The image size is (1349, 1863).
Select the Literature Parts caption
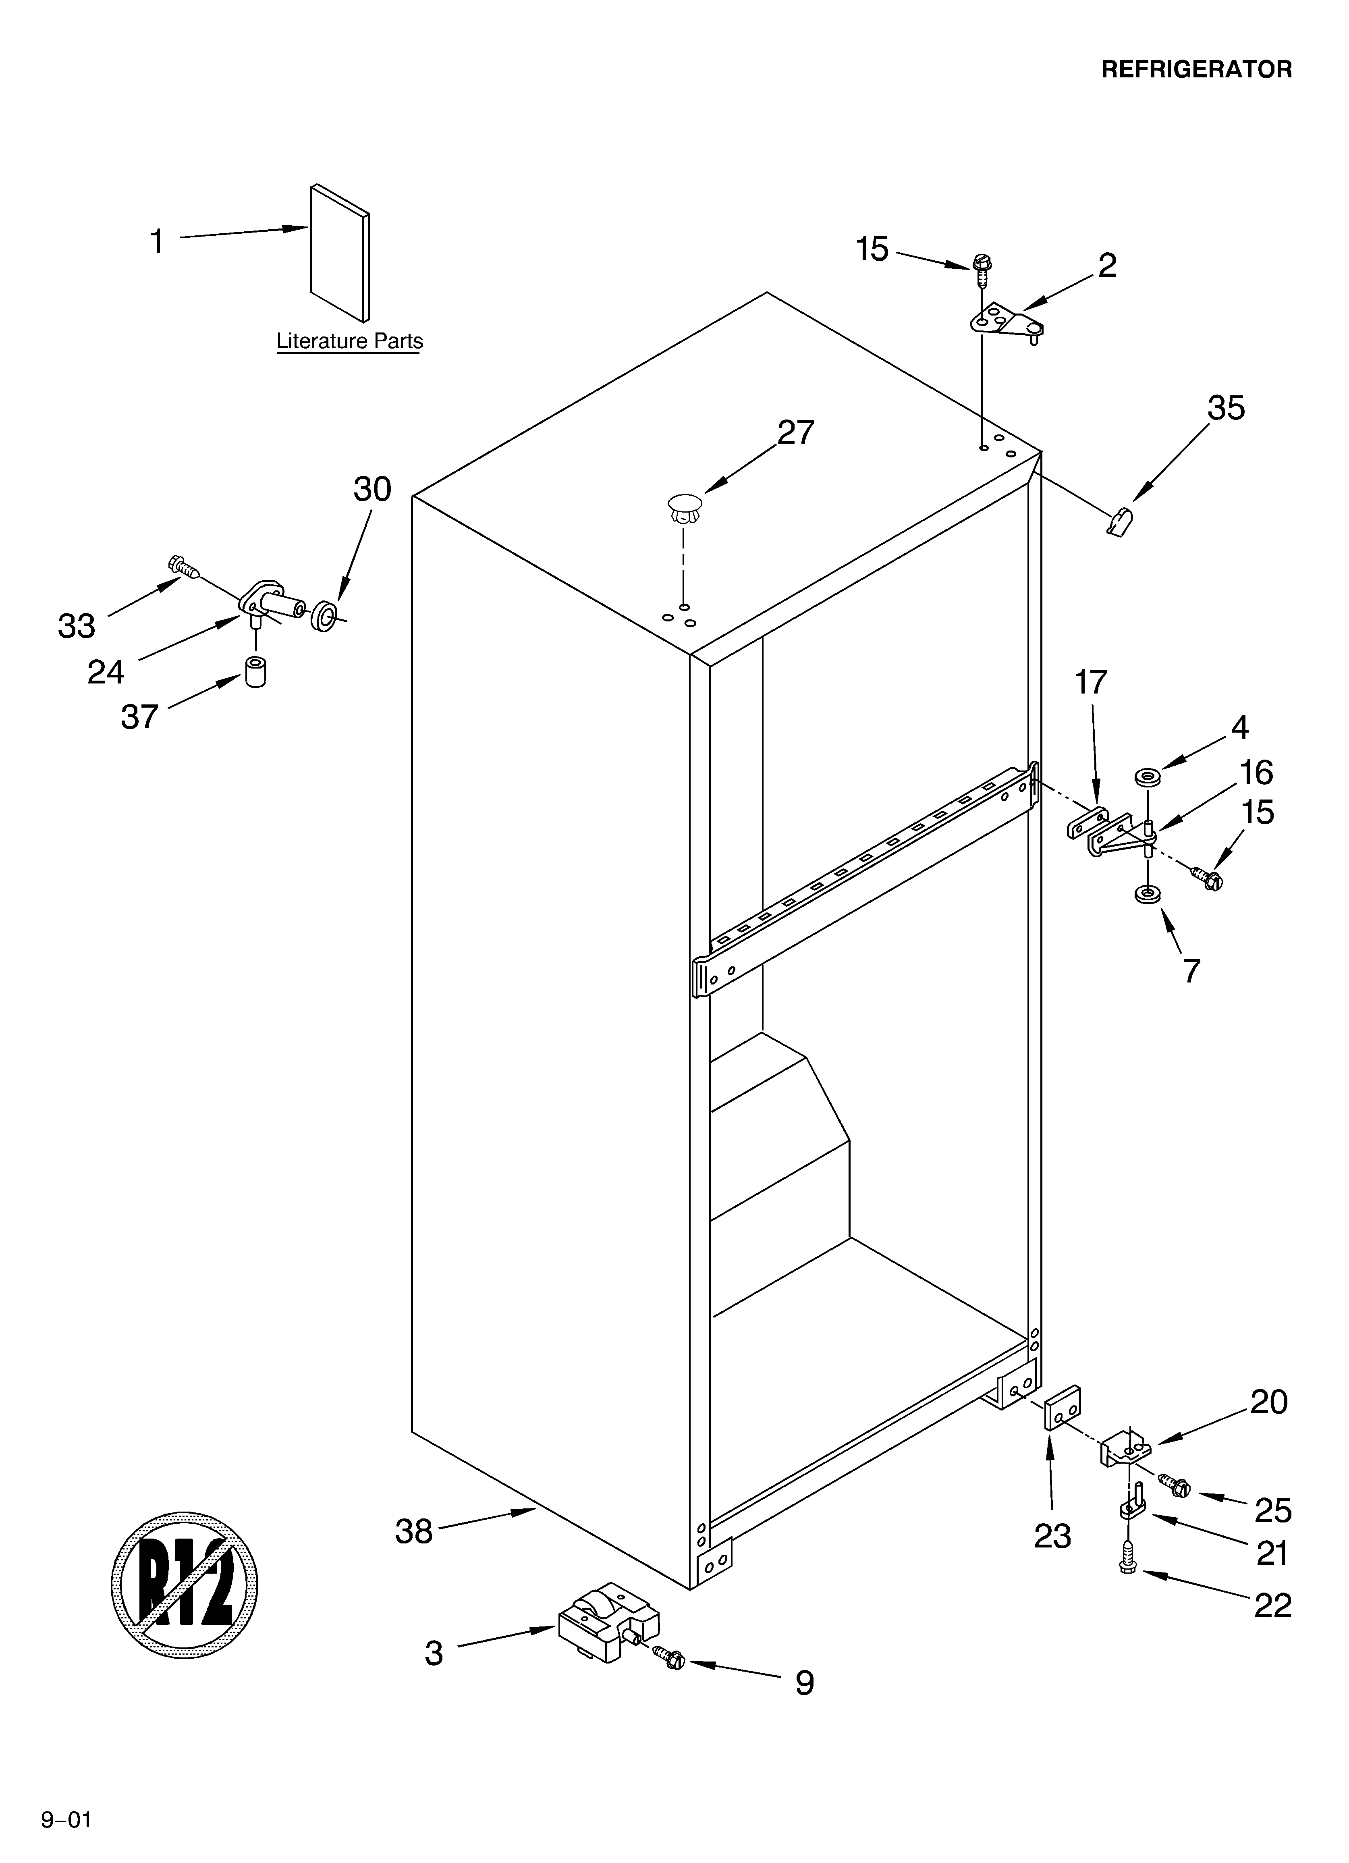(349, 341)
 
